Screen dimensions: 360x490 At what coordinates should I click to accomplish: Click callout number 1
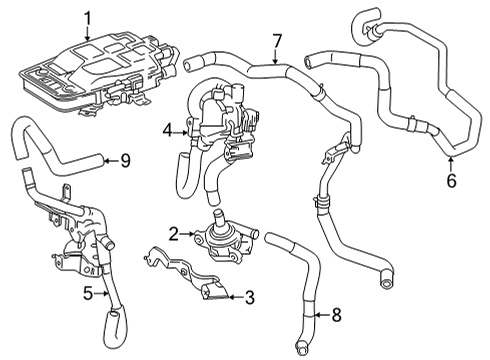pyautogui.click(x=87, y=17)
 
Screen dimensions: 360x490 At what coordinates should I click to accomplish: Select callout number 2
pyautogui.click(x=173, y=234)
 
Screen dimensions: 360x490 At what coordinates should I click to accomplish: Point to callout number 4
pyautogui.click(x=169, y=129)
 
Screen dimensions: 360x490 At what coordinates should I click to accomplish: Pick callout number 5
pyautogui.click(x=87, y=294)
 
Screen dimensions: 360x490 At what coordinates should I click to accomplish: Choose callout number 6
pyautogui.click(x=451, y=181)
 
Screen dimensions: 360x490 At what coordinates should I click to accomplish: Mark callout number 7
pyautogui.click(x=277, y=40)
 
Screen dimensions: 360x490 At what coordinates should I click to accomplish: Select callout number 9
pyautogui.click(x=125, y=159)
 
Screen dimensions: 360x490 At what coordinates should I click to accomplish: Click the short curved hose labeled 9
pyautogui.click(x=55, y=150)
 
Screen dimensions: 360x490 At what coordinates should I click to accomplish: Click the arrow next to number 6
pyautogui.click(x=451, y=164)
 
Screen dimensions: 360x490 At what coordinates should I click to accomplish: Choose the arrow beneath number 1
pyautogui.click(x=87, y=32)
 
